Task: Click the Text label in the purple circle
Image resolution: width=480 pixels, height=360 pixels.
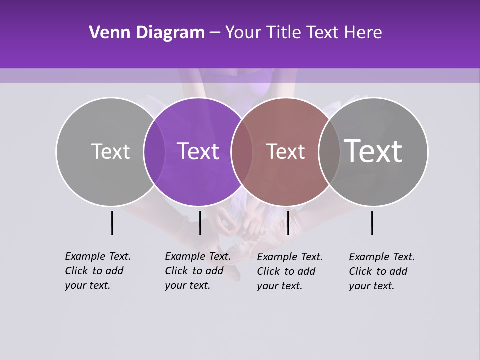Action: pyautogui.click(x=198, y=151)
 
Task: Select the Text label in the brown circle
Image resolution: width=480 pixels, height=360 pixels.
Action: pyautogui.click(x=285, y=152)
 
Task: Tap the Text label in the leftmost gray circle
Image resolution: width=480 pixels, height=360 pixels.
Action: pyautogui.click(x=110, y=151)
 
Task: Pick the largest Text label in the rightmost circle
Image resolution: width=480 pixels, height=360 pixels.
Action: pyautogui.click(x=373, y=151)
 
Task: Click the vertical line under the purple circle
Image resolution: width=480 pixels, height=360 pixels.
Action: pyautogui.click(x=200, y=223)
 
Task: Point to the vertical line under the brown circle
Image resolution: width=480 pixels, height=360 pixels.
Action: pyautogui.click(x=288, y=223)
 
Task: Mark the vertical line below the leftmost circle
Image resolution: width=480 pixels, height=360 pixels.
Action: pyautogui.click(x=112, y=223)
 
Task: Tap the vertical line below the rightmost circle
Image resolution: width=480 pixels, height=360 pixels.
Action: pyautogui.click(x=372, y=223)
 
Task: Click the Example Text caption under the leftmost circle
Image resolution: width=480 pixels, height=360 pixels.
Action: pyautogui.click(x=97, y=271)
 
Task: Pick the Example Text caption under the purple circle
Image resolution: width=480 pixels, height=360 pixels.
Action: pyautogui.click(x=197, y=271)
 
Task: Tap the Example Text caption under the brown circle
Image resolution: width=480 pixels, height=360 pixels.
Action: pyautogui.click(x=289, y=271)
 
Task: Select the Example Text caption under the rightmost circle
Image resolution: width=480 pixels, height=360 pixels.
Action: pyautogui.click(x=381, y=271)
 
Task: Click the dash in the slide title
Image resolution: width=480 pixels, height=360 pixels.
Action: pyautogui.click(x=215, y=33)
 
